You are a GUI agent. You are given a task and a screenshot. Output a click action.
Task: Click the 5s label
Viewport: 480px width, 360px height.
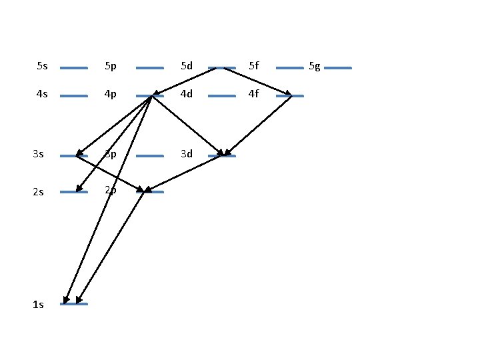43,66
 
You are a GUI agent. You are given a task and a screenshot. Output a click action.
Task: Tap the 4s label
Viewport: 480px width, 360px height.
43,94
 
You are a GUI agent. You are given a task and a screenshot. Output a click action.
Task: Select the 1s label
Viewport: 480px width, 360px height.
38,305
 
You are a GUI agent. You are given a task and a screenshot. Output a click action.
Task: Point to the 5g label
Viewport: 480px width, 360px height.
315,66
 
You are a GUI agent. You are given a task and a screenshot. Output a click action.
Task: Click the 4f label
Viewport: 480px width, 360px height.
253,94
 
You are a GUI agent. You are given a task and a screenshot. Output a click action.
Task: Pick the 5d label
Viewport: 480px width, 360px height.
187,66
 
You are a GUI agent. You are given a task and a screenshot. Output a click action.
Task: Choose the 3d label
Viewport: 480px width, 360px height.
187,154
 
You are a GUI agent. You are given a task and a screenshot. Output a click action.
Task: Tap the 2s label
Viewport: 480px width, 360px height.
38,192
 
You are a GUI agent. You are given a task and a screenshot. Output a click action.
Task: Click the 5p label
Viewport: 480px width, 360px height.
111,66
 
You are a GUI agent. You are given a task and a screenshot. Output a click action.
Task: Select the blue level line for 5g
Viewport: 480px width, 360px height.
338,68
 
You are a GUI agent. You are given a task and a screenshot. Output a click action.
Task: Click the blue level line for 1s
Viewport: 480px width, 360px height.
73,304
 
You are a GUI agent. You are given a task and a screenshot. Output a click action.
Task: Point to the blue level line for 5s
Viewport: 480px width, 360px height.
73,68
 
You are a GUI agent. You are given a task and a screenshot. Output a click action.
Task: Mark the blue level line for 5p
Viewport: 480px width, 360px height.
149,68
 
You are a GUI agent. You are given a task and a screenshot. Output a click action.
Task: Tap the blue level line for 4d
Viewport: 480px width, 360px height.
222,96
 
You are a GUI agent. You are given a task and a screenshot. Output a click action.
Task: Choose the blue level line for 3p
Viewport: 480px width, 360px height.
149,156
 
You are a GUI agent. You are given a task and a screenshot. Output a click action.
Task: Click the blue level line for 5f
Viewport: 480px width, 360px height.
289,68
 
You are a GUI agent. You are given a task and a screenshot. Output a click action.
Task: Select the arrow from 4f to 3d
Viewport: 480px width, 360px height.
259,125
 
